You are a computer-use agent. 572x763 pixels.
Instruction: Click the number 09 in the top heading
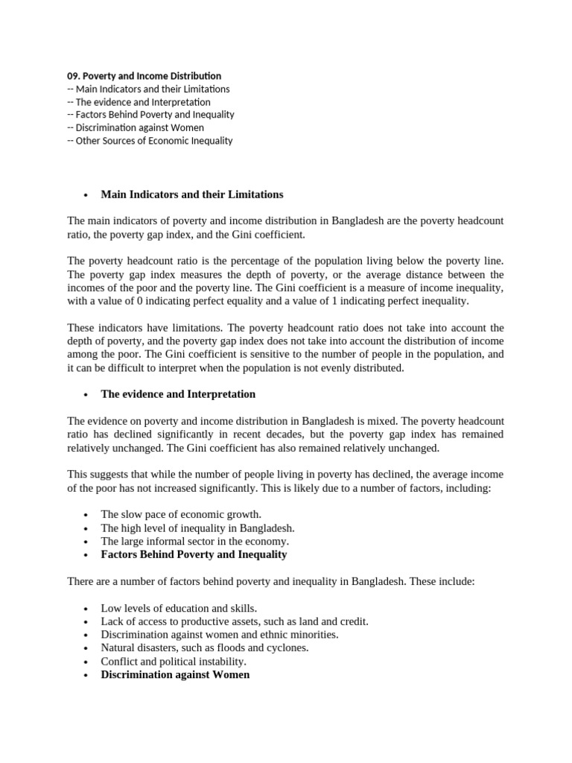tap(72, 76)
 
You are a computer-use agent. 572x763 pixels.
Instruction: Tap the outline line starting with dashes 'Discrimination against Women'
tap(136, 127)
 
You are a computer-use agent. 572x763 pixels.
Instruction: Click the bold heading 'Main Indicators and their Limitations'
tap(192, 194)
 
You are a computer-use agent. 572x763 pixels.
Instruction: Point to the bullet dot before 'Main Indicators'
tap(86, 195)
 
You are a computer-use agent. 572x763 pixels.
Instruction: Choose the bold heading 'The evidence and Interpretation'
tap(178, 394)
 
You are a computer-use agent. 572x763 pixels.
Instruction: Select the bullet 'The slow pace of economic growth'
tap(181, 514)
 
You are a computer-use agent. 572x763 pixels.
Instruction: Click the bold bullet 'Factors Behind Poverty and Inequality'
tap(194, 554)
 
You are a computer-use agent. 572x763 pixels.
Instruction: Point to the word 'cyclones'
tap(287, 648)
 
